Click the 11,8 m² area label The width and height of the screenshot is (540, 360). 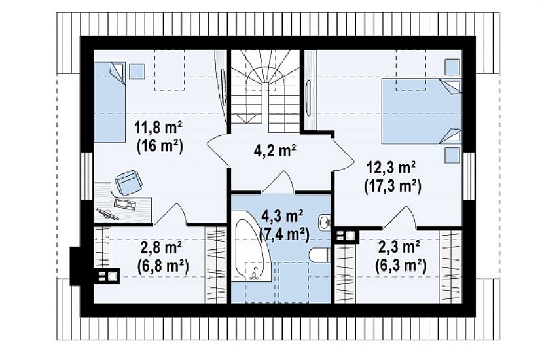click(x=159, y=130)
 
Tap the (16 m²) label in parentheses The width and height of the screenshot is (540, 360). click(x=159, y=147)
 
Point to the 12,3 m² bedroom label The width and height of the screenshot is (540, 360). click(x=390, y=169)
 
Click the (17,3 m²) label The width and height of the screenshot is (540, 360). click(x=393, y=187)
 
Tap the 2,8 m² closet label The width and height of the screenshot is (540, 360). click(x=162, y=249)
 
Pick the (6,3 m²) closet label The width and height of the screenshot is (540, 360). click(x=400, y=266)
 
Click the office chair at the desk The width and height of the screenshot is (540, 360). click(x=128, y=183)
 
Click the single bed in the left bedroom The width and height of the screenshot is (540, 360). click(x=110, y=102)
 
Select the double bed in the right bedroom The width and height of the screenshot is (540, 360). click(x=421, y=111)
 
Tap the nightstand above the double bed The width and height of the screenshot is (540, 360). click(x=452, y=67)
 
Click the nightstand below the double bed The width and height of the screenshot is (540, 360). click(x=452, y=155)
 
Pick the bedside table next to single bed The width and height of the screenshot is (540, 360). click(x=137, y=71)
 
